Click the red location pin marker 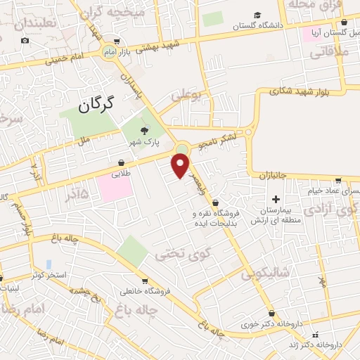(181, 165)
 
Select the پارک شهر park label (143, 143)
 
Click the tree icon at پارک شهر (145, 130)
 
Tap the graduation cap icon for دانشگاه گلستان (257, 15)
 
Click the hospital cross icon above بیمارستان (276, 199)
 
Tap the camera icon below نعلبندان (25, 40)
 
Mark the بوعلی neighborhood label (186, 94)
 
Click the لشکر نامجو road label (223, 141)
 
